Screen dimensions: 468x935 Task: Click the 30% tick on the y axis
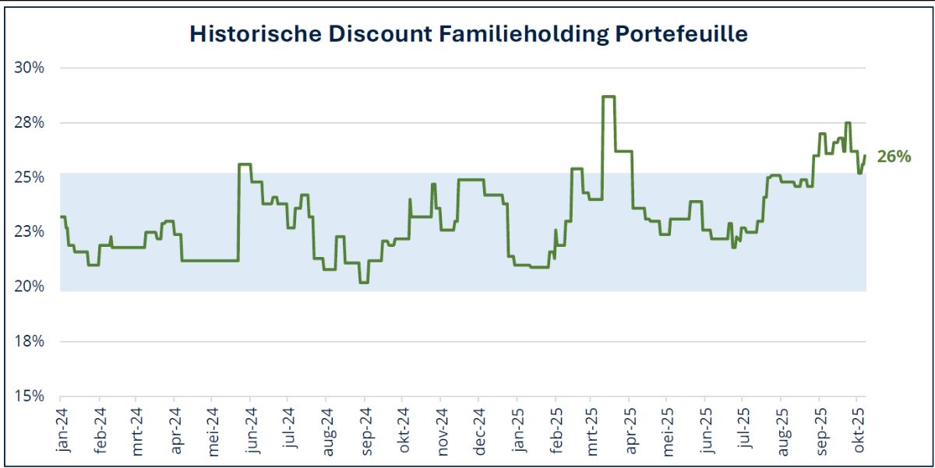pyautogui.click(x=30, y=68)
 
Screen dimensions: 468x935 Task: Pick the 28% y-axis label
pyautogui.click(x=30, y=123)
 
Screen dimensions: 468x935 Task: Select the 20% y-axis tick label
pyautogui.click(x=30, y=287)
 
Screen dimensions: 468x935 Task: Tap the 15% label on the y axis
pyautogui.click(x=30, y=396)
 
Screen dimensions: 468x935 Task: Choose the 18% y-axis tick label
pyautogui.click(x=30, y=342)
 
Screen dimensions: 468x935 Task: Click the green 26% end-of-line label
pyautogui.click(x=893, y=157)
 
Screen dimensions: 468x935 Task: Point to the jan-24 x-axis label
pyautogui.click(x=63, y=428)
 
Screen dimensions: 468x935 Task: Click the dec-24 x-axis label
pyautogui.click(x=478, y=428)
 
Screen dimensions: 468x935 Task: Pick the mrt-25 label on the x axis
pyautogui.click(x=591, y=428)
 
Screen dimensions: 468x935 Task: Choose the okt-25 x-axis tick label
pyautogui.click(x=859, y=428)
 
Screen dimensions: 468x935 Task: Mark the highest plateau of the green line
pyautogui.click(x=609, y=97)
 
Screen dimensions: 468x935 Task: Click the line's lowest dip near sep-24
pyautogui.click(x=363, y=282)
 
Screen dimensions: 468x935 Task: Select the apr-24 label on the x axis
pyautogui.click(x=176, y=428)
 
